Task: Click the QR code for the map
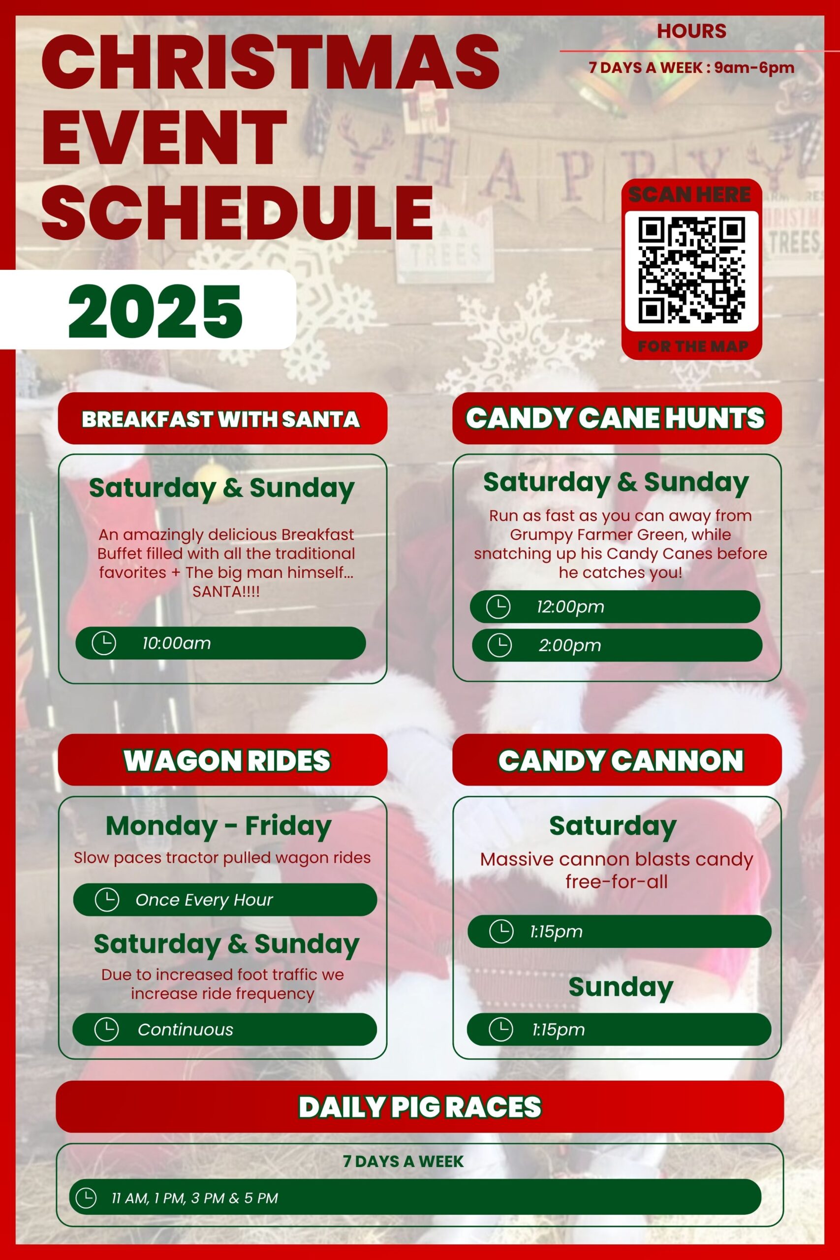[x=691, y=270]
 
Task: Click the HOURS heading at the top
[x=691, y=31]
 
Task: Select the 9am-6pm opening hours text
[x=754, y=67]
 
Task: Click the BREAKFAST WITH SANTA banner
[x=222, y=418]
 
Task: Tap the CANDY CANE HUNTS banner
[x=617, y=418]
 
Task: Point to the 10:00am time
[x=176, y=643]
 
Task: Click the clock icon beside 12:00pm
[x=498, y=606]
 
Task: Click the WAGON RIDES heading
[x=227, y=760]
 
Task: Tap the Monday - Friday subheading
[x=218, y=825]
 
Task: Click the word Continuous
[x=186, y=1029]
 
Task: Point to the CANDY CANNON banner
[x=617, y=759]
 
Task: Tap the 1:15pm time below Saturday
[x=556, y=931]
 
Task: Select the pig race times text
[x=195, y=1198]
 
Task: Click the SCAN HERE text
[x=689, y=194]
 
